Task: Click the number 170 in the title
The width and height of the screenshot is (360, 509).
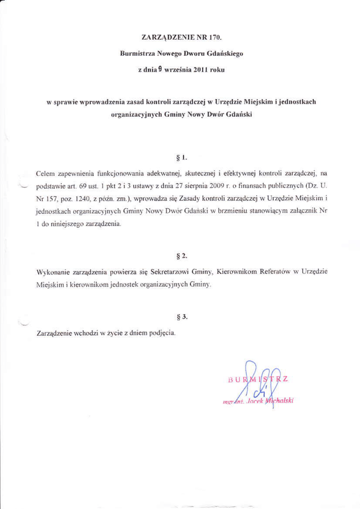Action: tap(212, 37)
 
